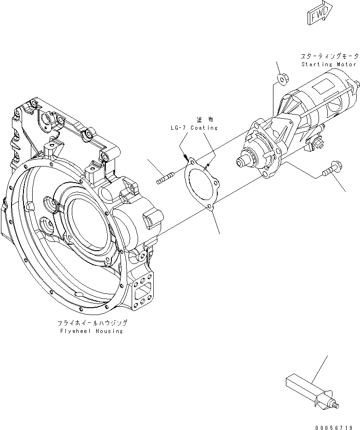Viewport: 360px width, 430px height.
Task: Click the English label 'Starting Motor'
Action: tap(329, 64)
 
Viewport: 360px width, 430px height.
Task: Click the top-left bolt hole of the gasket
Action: tap(189, 161)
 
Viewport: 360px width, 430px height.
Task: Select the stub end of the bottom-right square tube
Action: tap(335, 405)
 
